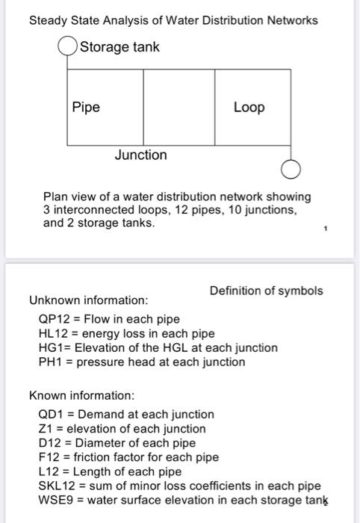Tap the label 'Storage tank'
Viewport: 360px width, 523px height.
point(120,48)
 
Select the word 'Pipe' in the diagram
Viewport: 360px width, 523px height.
point(86,107)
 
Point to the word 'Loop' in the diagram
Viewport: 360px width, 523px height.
point(249,107)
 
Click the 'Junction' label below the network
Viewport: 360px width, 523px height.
point(140,155)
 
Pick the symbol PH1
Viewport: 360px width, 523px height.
point(49,362)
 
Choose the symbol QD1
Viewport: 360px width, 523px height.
point(50,414)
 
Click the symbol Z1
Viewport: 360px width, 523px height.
point(45,428)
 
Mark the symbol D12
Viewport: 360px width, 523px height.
point(49,442)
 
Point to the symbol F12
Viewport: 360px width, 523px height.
point(49,457)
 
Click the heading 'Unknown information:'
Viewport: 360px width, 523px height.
point(88,300)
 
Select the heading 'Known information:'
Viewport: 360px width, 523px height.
point(81,394)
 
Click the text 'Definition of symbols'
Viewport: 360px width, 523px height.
point(266,290)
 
